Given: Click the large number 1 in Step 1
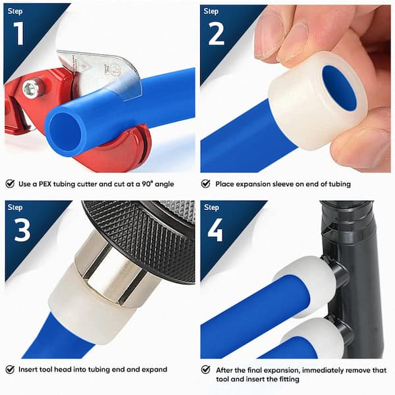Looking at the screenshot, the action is click(x=18, y=34).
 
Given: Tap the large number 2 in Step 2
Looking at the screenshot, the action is click(x=216, y=34).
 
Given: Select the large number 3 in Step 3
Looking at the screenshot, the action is click(x=22, y=230).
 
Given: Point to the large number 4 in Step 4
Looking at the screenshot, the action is click(x=215, y=230).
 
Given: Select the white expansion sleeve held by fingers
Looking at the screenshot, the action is click(x=317, y=101).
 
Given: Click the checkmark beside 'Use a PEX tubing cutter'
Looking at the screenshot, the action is click(x=10, y=184).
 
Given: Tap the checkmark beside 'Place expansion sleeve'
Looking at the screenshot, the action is click(x=206, y=184).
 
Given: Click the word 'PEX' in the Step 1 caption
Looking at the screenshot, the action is click(x=44, y=184).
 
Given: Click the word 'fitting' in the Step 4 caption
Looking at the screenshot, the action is click(x=289, y=379).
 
